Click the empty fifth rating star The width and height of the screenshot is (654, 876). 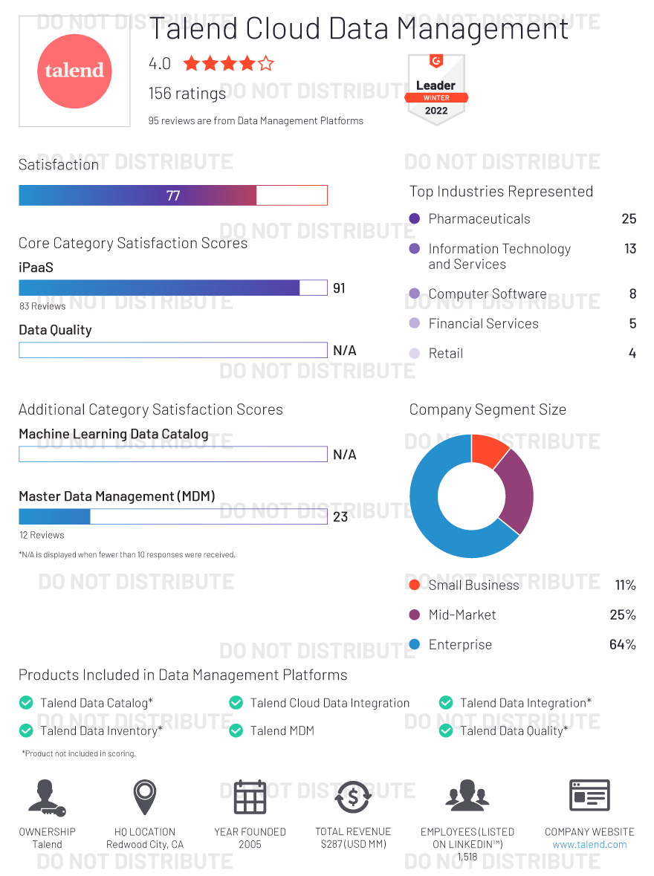click(265, 64)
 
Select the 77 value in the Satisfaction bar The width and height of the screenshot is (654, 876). click(173, 195)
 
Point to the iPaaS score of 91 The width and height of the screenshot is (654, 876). click(339, 288)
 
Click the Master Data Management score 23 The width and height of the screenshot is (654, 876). click(340, 516)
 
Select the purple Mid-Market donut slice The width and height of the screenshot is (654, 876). click(517, 490)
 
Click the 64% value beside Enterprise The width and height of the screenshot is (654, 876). click(622, 645)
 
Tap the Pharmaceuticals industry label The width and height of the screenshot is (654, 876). click(479, 219)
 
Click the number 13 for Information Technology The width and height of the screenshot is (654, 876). click(630, 249)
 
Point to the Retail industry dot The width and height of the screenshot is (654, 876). click(415, 354)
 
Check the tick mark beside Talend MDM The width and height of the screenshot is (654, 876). click(236, 731)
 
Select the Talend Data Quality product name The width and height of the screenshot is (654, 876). click(514, 731)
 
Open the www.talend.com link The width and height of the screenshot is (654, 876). click(589, 845)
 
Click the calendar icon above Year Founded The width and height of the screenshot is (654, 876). click(250, 797)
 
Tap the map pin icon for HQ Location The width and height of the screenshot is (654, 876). click(145, 796)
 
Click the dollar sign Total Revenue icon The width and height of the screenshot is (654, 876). click(353, 797)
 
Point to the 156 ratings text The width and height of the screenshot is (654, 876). click(187, 94)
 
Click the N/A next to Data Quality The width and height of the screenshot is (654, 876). click(344, 351)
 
